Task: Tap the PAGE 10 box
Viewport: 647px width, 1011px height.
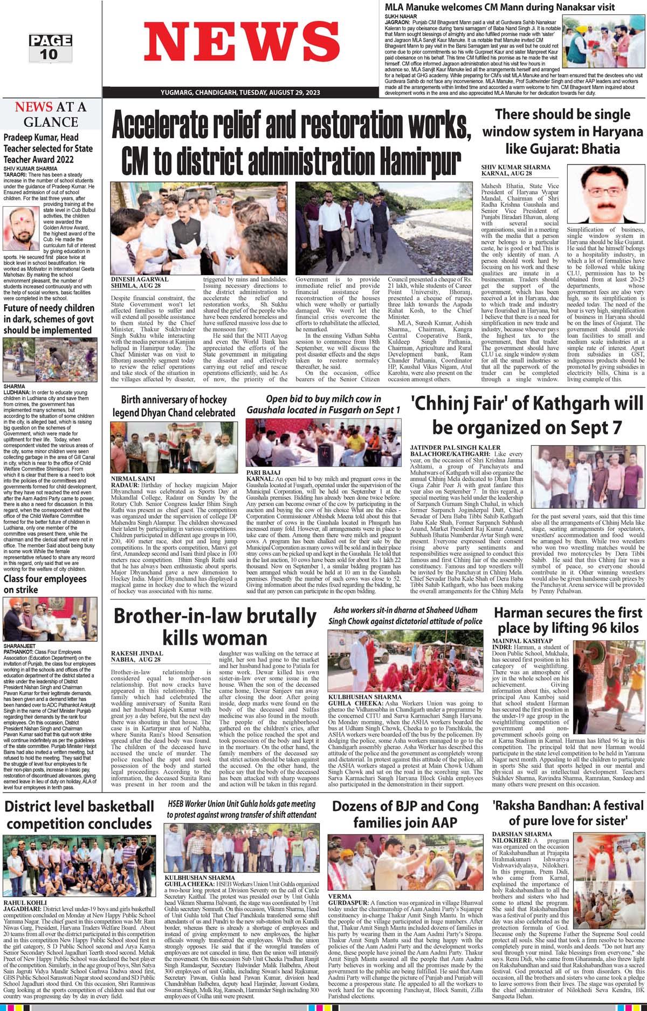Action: pos(50,47)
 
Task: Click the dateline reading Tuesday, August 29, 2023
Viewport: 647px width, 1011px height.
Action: pos(240,93)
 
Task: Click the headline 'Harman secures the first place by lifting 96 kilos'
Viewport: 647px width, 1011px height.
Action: pos(568,620)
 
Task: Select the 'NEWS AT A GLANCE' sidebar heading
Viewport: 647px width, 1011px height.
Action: pos(51,114)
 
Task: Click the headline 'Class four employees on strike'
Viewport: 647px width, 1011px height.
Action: pos(45,584)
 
